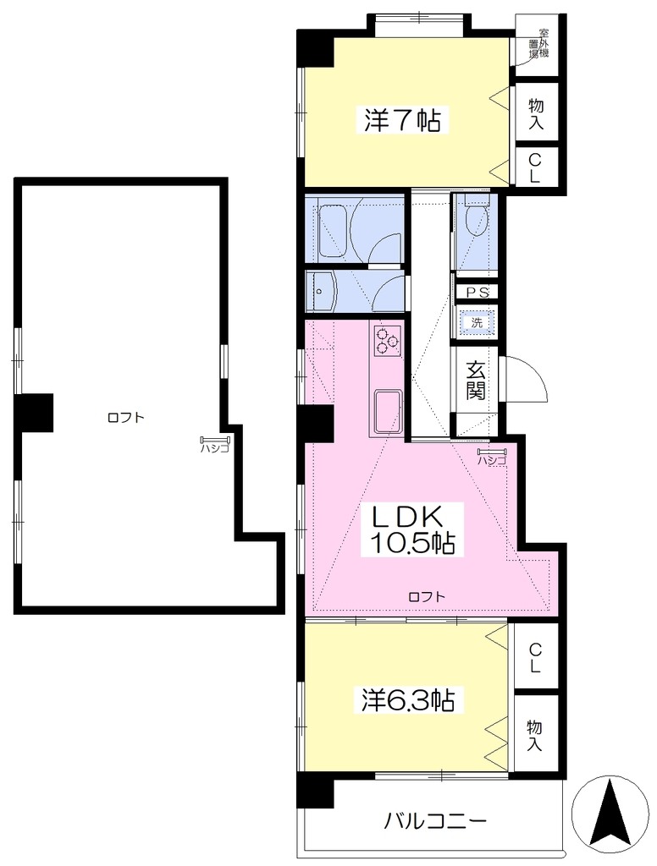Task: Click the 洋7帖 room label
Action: click(402, 120)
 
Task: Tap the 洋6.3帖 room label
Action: click(409, 700)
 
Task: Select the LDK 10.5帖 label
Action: click(408, 530)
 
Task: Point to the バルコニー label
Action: click(436, 820)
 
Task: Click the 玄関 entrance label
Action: click(475, 380)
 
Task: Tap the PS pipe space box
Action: click(477, 292)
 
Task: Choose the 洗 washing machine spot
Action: click(477, 322)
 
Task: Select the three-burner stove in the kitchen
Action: click(387, 340)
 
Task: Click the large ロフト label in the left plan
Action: click(125, 418)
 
